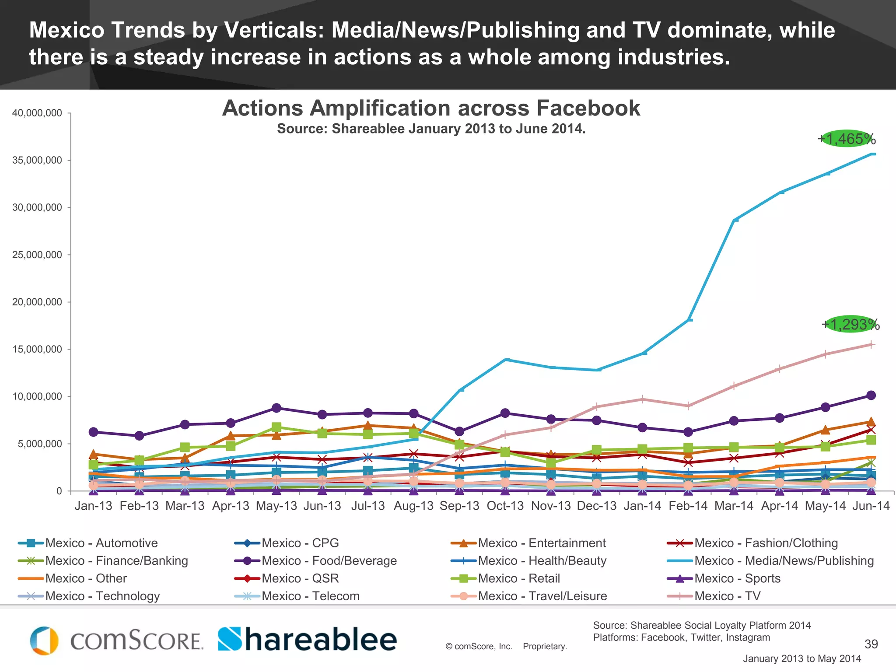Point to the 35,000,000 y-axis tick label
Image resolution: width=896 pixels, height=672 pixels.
tap(37, 160)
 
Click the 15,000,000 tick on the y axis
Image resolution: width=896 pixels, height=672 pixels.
tap(37, 349)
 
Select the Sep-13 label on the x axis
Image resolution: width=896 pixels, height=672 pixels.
tap(459, 506)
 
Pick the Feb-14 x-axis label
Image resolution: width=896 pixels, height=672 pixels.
tap(688, 506)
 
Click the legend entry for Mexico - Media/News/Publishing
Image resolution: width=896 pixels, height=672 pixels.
tap(784, 561)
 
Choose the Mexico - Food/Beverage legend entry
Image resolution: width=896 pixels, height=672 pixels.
tap(329, 561)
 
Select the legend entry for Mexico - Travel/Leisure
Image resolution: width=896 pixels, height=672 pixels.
tap(542, 596)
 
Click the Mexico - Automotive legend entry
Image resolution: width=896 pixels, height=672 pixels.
tap(101, 543)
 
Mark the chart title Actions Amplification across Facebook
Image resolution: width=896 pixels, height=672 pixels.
tap(431, 108)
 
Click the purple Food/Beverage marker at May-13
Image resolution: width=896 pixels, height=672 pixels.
tap(276, 408)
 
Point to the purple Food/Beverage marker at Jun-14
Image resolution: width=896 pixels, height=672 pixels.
tap(871, 395)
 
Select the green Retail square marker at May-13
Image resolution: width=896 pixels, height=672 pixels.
tap(276, 427)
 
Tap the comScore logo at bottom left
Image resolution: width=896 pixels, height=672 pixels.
tap(116, 641)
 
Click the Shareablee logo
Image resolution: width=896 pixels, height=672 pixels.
tap(307, 640)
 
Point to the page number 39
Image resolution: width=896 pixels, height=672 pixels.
tap(871, 644)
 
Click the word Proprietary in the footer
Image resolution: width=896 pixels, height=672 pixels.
tap(545, 647)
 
